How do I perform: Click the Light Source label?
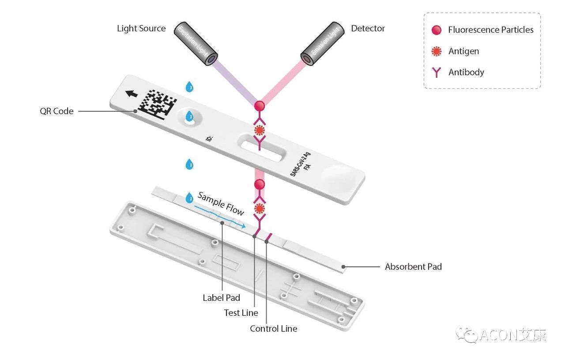pyautogui.click(x=141, y=29)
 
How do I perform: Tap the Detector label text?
pyautogui.click(x=368, y=29)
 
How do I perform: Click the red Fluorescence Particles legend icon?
pyautogui.click(x=436, y=30)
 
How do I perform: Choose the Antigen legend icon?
pyautogui.click(x=436, y=51)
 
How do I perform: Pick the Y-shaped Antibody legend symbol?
pyautogui.click(x=436, y=72)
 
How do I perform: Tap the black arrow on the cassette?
pyautogui.click(x=131, y=94)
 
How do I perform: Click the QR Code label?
pyautogui.click(x=56, y=111)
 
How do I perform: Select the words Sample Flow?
pyautogui.click(x=221, y=204)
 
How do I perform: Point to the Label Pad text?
pyautogui.click(x=221, y=298)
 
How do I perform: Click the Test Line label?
pyautogui.click(x=241, y=313)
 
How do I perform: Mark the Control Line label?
pyautogui.click(x=273, y=329)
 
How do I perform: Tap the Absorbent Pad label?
pyautogui.click(x=413, y=267)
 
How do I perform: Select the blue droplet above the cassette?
pyautogui.click(x=189, y=87)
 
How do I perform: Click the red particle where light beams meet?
pyautogui.click(x=260, y=106)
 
